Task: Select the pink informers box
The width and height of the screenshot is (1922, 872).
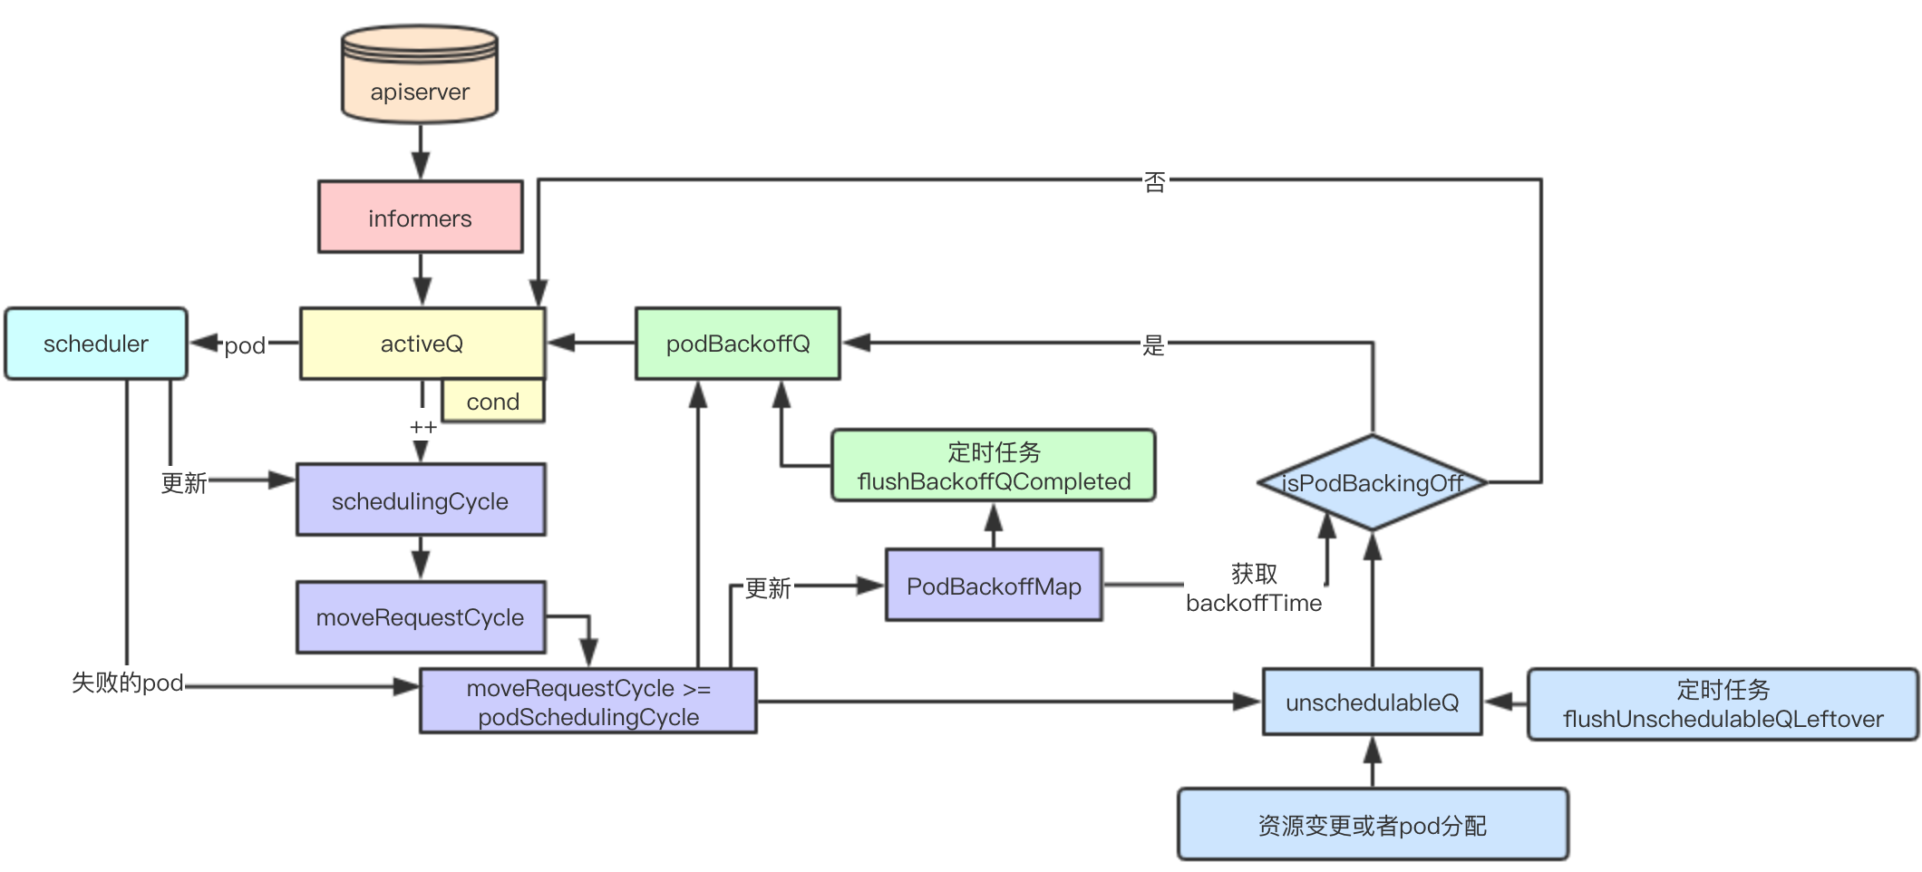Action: [x=420, y=218]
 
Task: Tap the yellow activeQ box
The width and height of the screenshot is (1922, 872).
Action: [x=422, y=344]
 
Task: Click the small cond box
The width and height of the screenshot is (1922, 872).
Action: [x=492, y=402]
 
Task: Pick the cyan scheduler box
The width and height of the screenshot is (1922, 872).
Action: [x=96, y=344]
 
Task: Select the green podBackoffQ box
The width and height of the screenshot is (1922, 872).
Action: [x=738, y=344]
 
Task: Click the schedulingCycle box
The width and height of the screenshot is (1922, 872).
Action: [x=421, y=500]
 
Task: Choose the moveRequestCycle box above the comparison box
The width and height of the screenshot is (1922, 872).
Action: [x=421, y=617]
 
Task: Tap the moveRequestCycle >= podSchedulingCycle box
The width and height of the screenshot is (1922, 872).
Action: [x=588, y=702]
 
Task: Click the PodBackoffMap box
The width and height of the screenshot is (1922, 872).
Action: [x=994, y=586]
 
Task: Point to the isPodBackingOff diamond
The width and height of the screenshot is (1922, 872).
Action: [x=1372, y=483]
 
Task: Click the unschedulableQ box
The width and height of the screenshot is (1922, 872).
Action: [x=1372, y=702]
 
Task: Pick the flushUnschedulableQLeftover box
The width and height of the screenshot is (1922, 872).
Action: [x=1723, y=704]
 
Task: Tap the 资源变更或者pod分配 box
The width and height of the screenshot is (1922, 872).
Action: [x=1372, y=825]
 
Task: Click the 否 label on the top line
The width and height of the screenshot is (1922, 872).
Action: [x=1154, y=182]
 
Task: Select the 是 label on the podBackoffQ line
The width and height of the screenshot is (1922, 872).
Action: [x=1153, y=344]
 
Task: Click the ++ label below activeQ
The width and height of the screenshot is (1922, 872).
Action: [x=423, y=427]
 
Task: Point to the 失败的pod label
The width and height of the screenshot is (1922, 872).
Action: [x=128, y=683]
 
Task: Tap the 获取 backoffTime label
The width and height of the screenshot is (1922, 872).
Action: [x=1254, y=588]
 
